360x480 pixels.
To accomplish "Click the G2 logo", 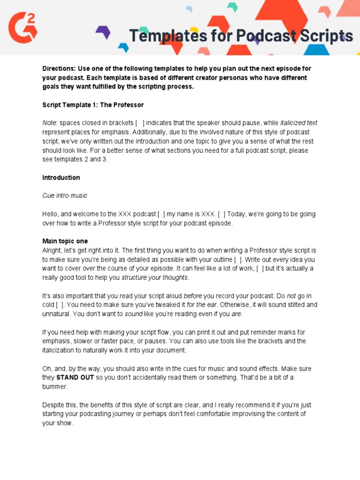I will pos(22,27).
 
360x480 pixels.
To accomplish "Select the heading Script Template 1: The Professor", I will pos(93,105).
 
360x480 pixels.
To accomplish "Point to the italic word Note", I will pos(50,123).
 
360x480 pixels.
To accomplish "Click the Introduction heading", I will pos(61,178).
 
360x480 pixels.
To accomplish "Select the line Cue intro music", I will pos(65,195).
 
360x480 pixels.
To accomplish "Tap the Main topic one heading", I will pos(65,241).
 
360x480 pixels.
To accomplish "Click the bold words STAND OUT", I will pos(75,377).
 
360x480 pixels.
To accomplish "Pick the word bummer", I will pos(54,387).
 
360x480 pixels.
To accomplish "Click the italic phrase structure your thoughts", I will pos(155,277).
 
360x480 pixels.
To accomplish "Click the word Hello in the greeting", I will pos(51,214).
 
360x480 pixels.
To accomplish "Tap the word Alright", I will pos(52,250).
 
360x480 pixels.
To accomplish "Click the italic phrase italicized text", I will pos(299,123).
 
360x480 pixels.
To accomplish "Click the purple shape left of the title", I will pos(103,32).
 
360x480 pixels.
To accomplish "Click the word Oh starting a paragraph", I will pos(47,368).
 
